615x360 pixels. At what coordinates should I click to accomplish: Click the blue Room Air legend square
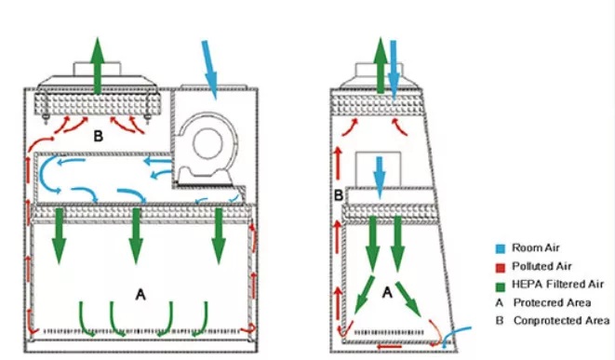[500, 248]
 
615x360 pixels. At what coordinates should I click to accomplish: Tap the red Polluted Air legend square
[500, 267]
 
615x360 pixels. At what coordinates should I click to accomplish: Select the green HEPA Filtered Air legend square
[500, 286]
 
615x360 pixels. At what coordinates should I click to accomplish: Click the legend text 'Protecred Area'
[552, 302]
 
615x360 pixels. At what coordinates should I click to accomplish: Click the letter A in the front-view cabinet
[140, 294]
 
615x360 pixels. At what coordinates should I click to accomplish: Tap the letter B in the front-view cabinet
[98, 136]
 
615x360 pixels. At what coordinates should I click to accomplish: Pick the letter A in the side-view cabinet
[387, 292]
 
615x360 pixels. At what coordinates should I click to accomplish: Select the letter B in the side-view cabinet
[338, 195]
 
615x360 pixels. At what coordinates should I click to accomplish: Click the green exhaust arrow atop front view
[98, 65]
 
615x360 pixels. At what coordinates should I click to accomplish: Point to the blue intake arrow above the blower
[209, 70]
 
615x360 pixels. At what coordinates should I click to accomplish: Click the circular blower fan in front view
[207, 142]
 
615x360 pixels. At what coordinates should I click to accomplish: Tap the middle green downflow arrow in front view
[136, 236]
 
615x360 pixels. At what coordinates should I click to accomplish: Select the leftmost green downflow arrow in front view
[59, 236]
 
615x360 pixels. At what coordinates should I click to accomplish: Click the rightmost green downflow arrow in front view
[218, 236]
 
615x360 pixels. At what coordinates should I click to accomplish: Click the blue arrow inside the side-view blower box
[380, 178]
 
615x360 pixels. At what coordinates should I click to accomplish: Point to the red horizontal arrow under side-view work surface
[389, 346]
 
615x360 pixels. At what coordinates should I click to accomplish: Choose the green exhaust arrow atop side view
[380, 65]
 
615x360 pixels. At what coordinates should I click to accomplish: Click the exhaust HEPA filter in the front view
[98, 104]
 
